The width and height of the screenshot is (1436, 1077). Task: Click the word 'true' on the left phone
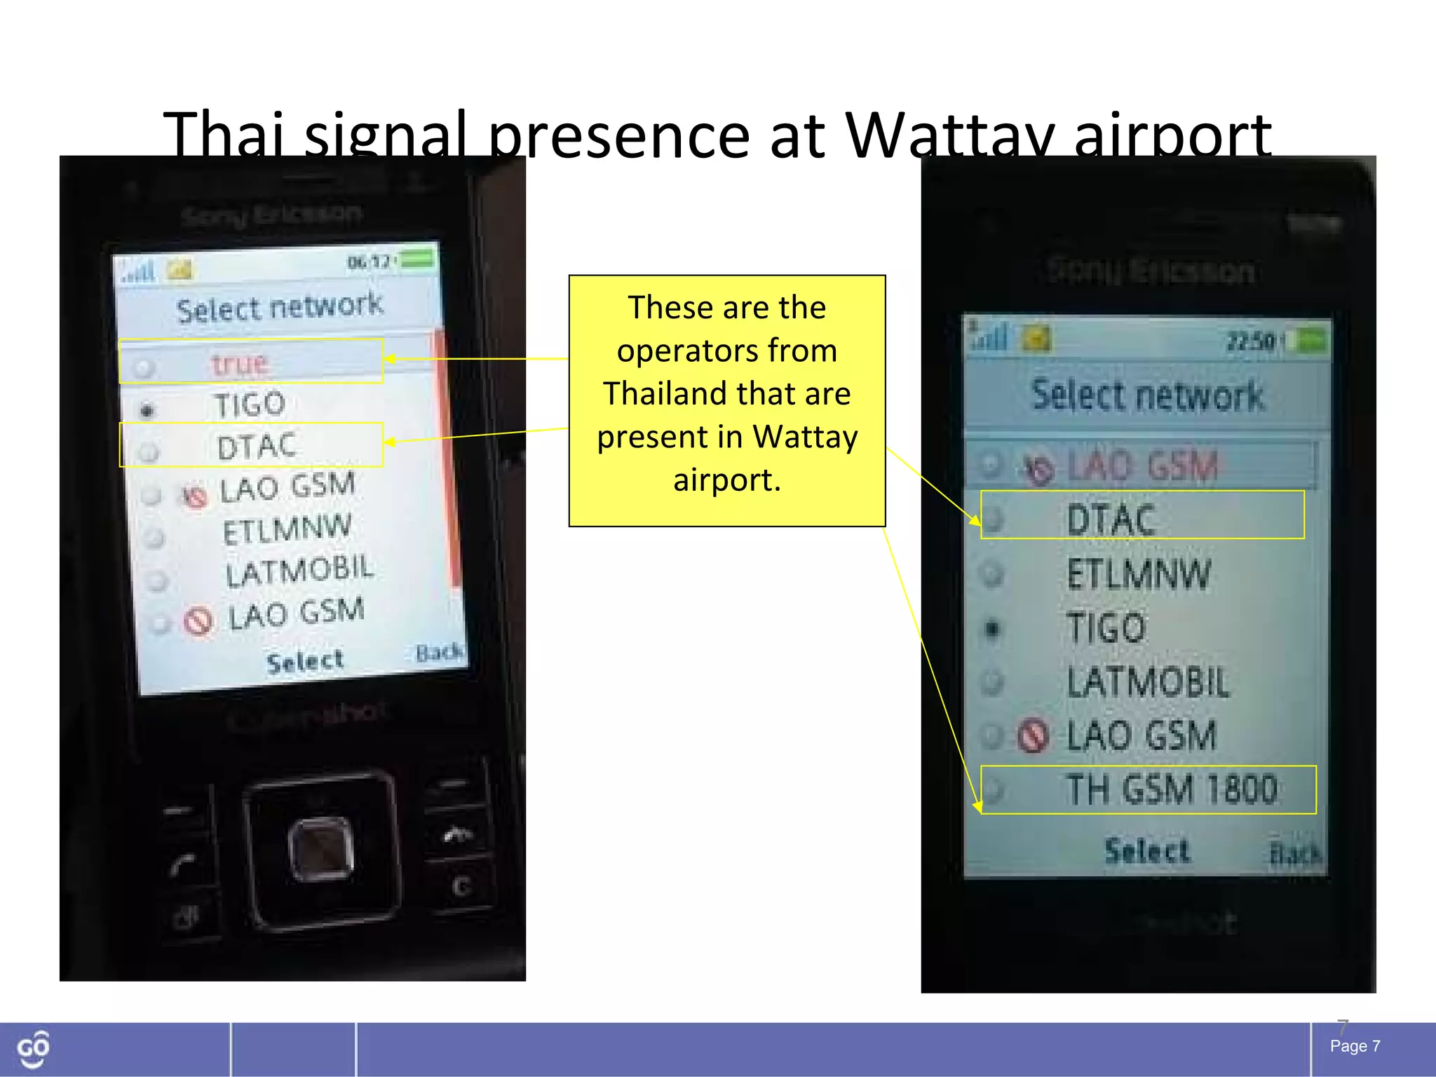240,363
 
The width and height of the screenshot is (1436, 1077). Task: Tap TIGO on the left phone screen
250,405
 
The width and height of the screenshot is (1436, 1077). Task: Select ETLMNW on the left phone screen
287,529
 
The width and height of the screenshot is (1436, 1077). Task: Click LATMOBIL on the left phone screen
299,571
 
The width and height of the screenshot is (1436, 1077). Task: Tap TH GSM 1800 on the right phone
1171,790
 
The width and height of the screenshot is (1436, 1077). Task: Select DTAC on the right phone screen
1111,520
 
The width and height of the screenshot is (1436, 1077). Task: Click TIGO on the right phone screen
1106,628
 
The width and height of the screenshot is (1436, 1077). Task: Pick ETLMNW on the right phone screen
1139,574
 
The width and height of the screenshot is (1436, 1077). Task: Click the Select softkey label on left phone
305,661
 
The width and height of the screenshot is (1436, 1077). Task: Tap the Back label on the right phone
1294,853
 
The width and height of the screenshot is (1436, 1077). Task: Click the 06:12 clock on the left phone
369,263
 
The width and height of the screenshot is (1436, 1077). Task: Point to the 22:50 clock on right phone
1250,342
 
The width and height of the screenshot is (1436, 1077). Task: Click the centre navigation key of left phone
321,848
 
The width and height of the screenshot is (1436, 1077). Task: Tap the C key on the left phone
460,886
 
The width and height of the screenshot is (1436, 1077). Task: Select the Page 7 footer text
1355,1046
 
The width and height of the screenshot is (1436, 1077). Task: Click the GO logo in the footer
33,1049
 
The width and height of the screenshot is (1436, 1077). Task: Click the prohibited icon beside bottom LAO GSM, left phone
198,621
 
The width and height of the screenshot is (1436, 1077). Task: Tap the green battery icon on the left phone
418,259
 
